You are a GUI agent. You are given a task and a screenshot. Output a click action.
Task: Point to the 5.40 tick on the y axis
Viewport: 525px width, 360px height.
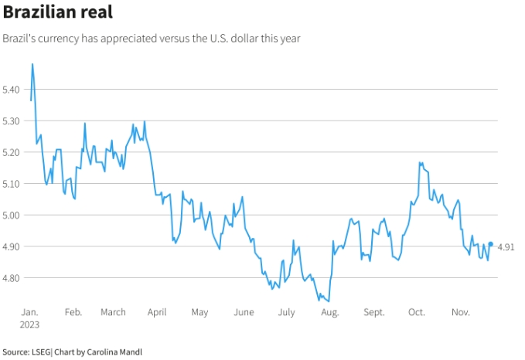(x=12, y=90)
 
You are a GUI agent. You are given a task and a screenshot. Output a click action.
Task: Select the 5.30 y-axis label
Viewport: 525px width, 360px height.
(x=12, y=121)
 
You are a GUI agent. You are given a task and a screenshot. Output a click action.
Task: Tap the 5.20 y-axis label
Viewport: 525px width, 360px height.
(x=12, y=153)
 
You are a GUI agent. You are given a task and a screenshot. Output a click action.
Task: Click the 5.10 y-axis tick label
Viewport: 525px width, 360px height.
(x=12, y=184)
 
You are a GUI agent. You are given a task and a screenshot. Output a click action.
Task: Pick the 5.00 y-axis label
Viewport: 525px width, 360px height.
(x=12, y=216)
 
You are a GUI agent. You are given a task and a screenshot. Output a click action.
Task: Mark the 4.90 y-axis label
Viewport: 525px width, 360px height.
(x=12, y=246)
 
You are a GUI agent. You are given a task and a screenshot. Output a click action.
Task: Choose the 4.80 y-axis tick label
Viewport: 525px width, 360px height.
(x=12, y=278)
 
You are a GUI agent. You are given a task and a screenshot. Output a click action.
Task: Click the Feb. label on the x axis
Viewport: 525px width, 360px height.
(x=73, y=312)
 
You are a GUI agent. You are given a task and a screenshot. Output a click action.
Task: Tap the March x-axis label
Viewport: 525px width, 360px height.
(x=113, y=312)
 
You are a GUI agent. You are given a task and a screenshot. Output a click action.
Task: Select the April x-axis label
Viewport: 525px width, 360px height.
(x=157, y=312)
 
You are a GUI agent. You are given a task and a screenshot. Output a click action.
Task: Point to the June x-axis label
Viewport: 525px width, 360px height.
(x=244, y=312)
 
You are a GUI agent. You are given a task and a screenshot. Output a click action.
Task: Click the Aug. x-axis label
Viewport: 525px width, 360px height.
(x=329, y=312)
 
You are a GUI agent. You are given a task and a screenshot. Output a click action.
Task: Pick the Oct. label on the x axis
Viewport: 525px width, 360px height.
(x=417, y=312)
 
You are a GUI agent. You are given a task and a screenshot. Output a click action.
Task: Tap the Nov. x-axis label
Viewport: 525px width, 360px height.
(x=461, y=312)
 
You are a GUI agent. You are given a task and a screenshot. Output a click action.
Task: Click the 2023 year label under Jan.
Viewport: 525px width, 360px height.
(x=30, y=324)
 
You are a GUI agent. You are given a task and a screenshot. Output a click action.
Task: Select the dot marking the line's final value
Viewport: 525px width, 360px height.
(x=490, y=244)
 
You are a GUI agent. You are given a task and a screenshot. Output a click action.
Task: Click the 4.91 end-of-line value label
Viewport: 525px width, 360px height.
(x=506, y=246)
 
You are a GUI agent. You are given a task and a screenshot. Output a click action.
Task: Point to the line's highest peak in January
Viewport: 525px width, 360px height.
(x=32, y=64)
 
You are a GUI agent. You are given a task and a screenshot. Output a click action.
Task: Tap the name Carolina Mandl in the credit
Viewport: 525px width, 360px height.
(x=115, y=352)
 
